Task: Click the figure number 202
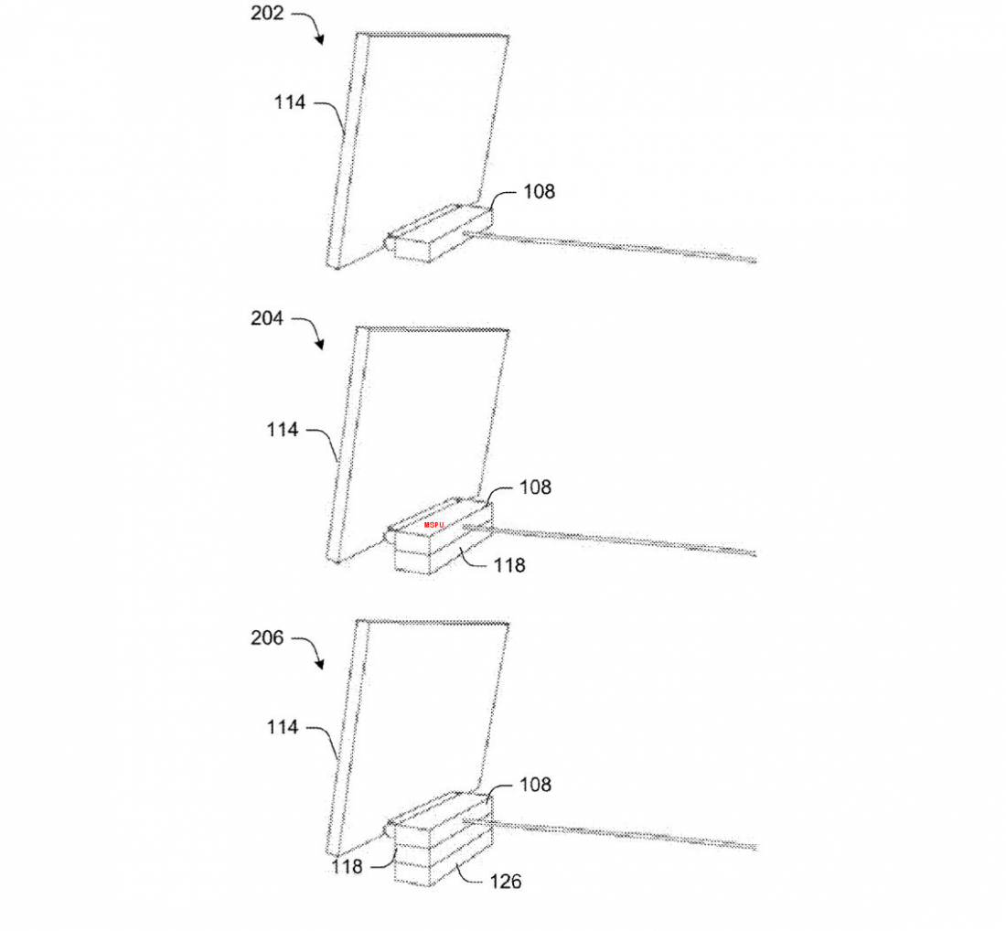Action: pyautogui.click(x=267, y=14)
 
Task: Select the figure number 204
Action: pyautogui.click(x=267, y=318)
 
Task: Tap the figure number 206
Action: pyautogui.click(x=267, y=637)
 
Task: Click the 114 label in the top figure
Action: pyautogui.click(x=290, y=102)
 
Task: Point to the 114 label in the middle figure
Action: pyautogui.click(x=283, y=430)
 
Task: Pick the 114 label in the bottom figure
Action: pyautogui.click(x=283, y=727)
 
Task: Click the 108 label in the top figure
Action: pyautogui.click(x=539, y=191)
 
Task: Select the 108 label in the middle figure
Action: pyautogui.click(x=535, y=487)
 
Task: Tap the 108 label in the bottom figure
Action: pyautogui.click(x=535, y=785)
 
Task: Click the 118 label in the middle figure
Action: pyautogui.click(x=509, y=565)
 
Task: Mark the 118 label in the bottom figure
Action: pyautogui.click(x=348, y=867)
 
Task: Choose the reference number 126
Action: pyautogui.click(x=506, y=882)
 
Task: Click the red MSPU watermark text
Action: pyautogui.click(x=433, y=525)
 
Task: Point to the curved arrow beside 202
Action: pyautogui.click(x=312, y=25)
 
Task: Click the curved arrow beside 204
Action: pyautogui.click(x=312, y=330)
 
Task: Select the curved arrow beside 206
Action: pyautogui.click(x=312, y=649)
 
